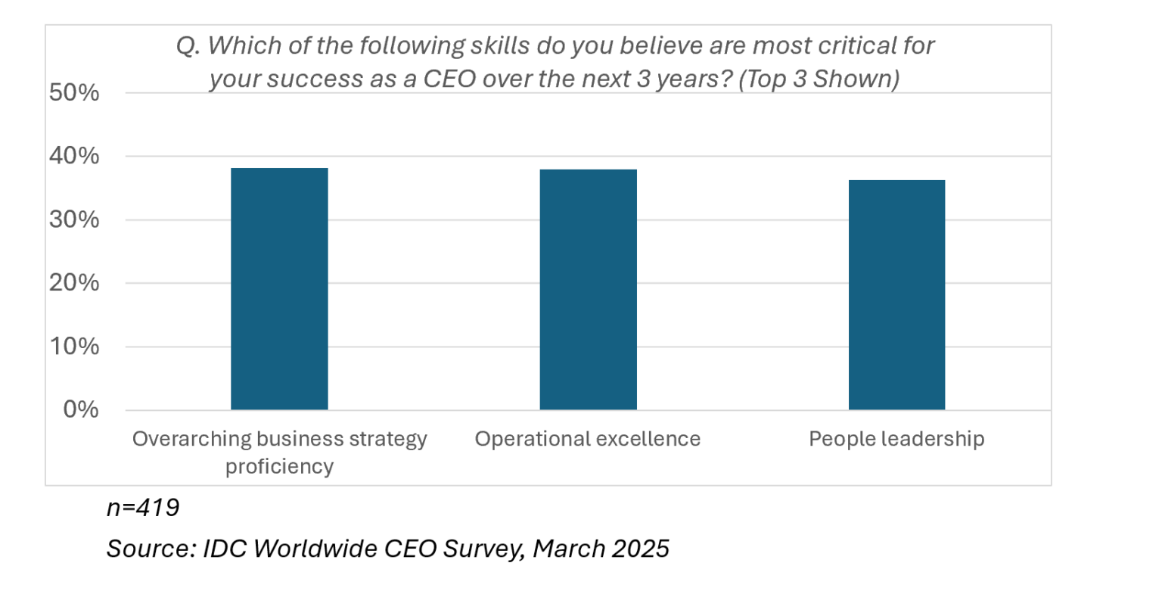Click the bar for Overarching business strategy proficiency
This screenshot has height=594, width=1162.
(x=279, y=288)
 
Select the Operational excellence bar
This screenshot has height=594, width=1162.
(x=588, y=289)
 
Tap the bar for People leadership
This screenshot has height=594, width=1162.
(x=896, y=294)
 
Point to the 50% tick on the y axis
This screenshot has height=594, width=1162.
(x=74, y=93)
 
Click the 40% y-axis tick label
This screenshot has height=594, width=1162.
(x=74, y=157)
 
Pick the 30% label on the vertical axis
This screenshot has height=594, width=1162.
(x=74, y=220)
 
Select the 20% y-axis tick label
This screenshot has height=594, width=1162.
(x=74, y=283)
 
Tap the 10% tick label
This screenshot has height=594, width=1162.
(x=74, y=347)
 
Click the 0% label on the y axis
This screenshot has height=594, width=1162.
(x=80, y=409)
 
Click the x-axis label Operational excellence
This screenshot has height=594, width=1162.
(x=588, y=439)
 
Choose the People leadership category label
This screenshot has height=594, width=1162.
(x=896, y=439)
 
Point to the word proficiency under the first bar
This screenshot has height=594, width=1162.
(x=279, y=466)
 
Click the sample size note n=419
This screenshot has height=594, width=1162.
(x=143, y=507)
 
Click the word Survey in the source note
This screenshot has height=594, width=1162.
(x=483, y=548)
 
